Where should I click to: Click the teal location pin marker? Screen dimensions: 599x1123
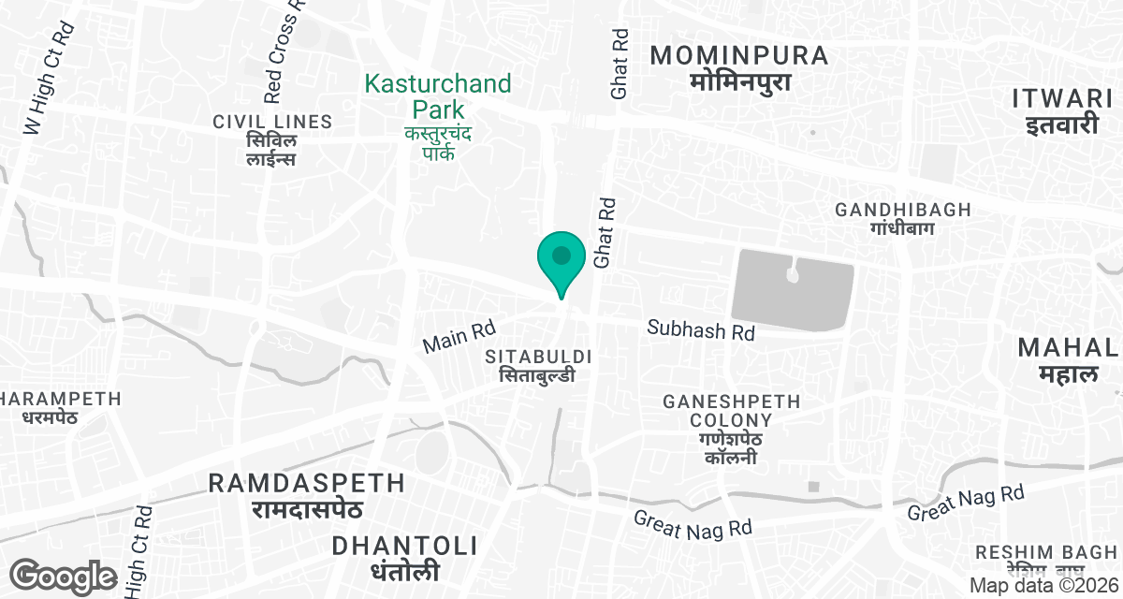pyautogui.click(x=561, y=259)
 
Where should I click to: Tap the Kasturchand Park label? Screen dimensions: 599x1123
pyautogui.click(x=438, y=96)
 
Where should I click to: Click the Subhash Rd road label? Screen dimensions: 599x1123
pyautogui.click(x=701, y=330)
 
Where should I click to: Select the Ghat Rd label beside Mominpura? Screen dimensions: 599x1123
pyautogui.click(x=620, y=66)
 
